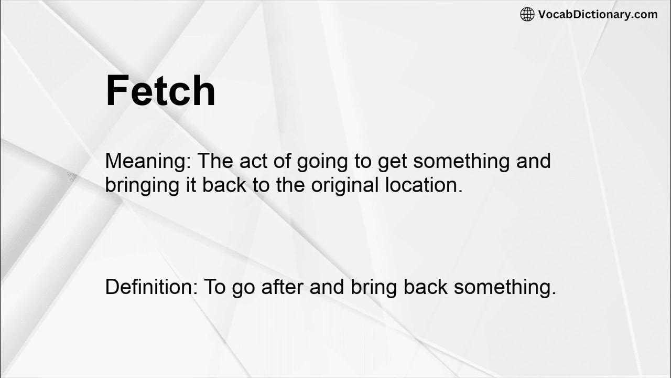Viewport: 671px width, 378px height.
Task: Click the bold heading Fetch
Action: tap(160, 91)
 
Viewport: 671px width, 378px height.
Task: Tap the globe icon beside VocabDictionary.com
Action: tap(527, 15)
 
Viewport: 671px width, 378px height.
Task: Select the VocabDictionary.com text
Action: tap(598, 15)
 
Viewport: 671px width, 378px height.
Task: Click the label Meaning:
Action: tap(148, 161)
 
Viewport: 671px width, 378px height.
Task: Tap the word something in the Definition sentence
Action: tap(504, 287)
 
